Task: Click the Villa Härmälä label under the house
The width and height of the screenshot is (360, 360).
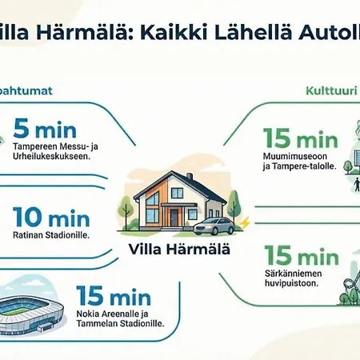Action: click(x=179, y=248)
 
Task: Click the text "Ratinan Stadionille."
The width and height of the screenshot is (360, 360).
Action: click(x=50, y=236)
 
